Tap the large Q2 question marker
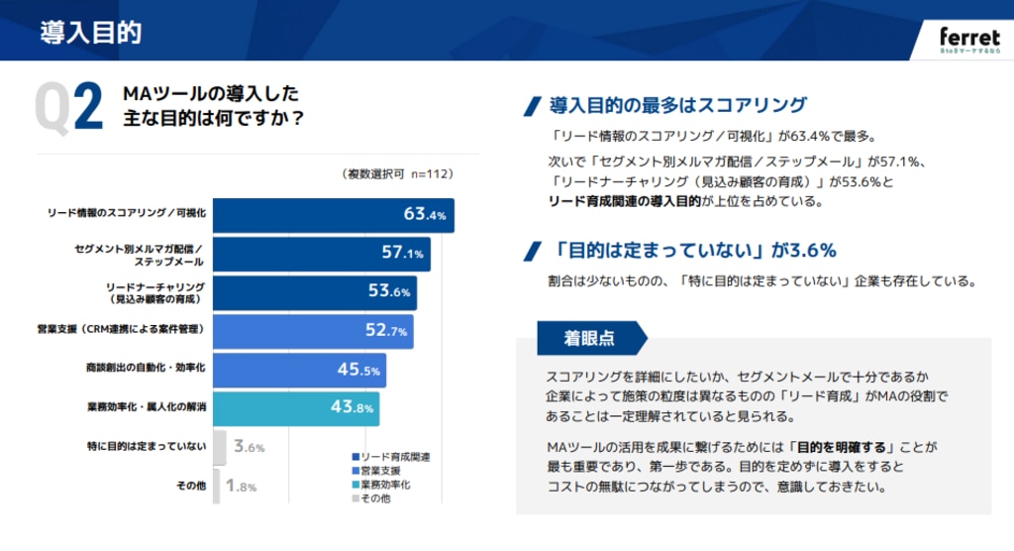[68, 106]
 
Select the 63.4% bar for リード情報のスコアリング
[333, 214]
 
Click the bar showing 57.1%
[321, 254]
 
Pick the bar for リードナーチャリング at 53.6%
[315, 292]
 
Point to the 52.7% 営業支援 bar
[313, 331]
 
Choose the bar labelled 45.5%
[299, 370]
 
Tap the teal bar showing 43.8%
[295, 407]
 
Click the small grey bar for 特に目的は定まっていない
[220, 447]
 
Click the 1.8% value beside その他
[242, 486]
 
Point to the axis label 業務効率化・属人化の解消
[146, 407]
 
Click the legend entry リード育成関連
[391, 456]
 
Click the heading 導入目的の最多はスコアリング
[677, 105]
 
